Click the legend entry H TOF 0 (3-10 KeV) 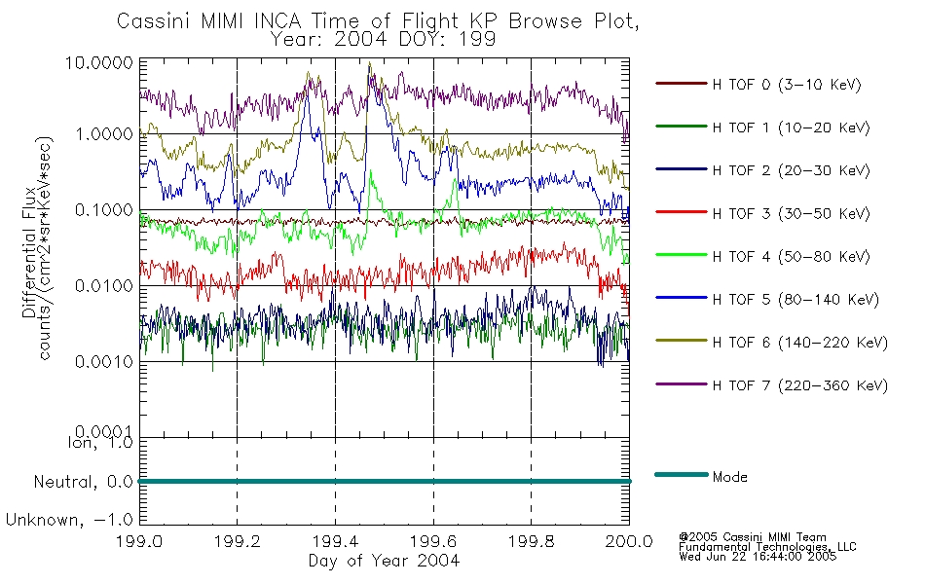click(x=787, y=85)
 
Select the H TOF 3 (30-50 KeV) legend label click(x=791, y=213)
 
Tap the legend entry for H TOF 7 click(x=800, y=385)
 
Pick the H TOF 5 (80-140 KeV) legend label click(x=795, y=300)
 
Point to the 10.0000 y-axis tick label click(x=99, y=62)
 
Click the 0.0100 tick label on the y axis click(x=104, y=286)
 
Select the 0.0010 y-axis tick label click(x=104, y=362)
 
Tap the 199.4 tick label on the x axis click(x=336, y=541)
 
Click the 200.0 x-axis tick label click(x=629, y=541)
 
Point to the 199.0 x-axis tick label click(x=139, y=541)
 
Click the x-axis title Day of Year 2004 click(x=384, y=561)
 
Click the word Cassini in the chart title click(x=155, y=21)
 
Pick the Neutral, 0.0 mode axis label click(x=83, y=483)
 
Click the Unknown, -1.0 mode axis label click(x=69, y=521)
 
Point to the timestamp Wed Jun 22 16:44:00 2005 click(x=758, y=557)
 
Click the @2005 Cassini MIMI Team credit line click(x=753, y=537)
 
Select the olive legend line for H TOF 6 click(x=682, y=341)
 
